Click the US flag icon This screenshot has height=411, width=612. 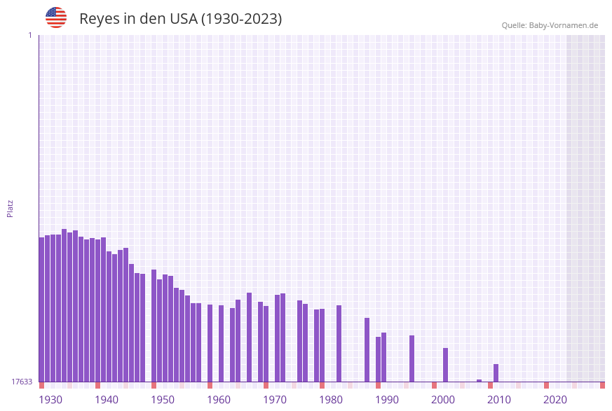(56, 18)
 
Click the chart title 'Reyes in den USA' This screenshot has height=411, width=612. (180, 19)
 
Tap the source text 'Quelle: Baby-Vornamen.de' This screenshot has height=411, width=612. (550, 25)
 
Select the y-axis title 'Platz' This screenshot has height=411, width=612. (11, 208)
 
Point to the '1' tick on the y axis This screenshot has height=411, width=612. (29, 35)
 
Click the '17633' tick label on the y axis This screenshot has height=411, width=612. (22, 382)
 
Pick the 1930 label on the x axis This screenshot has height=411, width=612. (50, 400)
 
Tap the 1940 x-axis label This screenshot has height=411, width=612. (107, 400)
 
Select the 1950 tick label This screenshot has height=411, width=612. (163, 400)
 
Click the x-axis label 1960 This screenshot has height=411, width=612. (219, 400)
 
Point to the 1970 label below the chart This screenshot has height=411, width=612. (275, 400)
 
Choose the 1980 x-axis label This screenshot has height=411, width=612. (331, 400)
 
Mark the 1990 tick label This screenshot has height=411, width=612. (387, 400)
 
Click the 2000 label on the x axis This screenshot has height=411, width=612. (443, 400)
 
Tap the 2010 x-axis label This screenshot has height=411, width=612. (499, 400)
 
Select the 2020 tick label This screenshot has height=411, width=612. (555, 400)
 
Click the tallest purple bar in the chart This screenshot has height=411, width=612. (64, 305)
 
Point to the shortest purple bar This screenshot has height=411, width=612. (479, 380)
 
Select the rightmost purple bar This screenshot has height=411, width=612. (496, 372)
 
